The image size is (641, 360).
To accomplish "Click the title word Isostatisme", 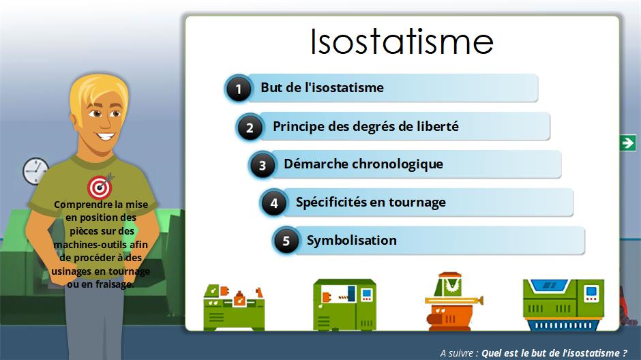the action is pos(402,42).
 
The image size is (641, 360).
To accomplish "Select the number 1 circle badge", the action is pos(239,88).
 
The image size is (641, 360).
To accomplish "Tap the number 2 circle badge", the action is pos(250,127).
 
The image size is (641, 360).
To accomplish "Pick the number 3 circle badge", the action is pos(262,165).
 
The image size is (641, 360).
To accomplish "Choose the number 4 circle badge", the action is pos(273,202).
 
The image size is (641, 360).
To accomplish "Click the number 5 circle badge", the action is pos(285,240).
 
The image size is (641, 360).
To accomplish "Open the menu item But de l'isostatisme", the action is pos(322,87).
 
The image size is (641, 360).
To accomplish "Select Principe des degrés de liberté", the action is pos(366,126).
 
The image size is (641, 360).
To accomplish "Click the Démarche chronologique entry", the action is pos(363,164).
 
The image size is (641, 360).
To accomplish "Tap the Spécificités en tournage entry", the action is pos(371,202).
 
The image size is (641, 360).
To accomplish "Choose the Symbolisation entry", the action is pos(352,240).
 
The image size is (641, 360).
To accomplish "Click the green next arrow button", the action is pos(627,142).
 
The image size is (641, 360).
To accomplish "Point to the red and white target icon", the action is pos(100,187).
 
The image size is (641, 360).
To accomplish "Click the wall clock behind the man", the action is pos(35,171).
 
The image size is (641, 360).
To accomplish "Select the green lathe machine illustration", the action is pos(234,307).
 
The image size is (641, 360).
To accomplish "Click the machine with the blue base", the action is pos(563,305).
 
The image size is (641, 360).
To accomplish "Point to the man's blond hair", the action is pos(98,93).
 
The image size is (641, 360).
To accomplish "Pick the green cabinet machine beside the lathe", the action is pos(344,305).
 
